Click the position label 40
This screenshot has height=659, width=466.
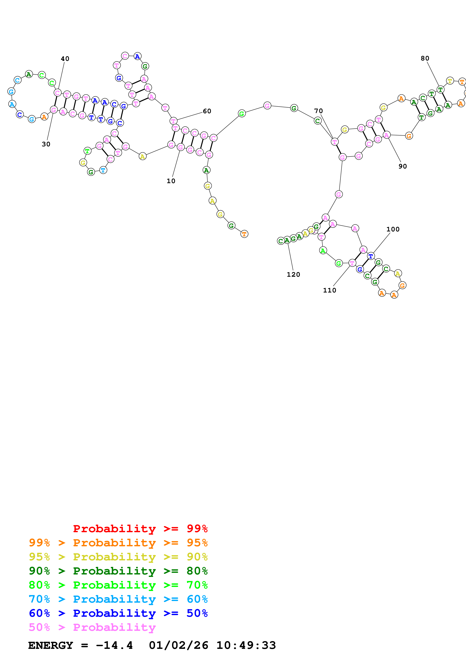point(65,59)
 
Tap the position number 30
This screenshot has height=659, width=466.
point(46,144)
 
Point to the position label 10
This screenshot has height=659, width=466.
point(171,181)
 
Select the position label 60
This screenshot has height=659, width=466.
point(207,111)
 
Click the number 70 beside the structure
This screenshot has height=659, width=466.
point(318,111)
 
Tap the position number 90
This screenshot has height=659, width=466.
point(402,166)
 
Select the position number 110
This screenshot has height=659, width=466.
point(329,290)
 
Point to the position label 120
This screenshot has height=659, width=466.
point(293,275)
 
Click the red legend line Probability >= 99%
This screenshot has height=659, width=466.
point(140,529)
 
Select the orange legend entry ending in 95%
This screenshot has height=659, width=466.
point(118,543)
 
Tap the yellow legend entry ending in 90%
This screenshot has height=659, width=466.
point(118,557)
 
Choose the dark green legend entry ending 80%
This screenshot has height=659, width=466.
point(118,571)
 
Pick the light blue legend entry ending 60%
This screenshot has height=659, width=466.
point(118,599)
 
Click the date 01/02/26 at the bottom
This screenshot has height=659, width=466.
point(179,645)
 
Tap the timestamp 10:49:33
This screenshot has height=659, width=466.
point(246,645)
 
